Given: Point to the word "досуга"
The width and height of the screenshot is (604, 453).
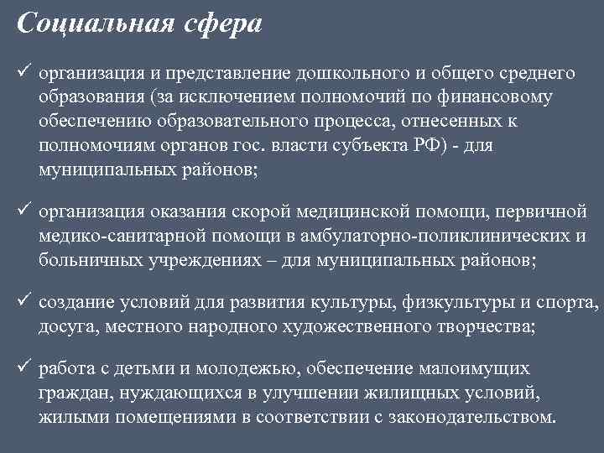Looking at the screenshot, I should (x=64, y=327).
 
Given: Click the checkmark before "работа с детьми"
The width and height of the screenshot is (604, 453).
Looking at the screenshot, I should (x=23, y=367).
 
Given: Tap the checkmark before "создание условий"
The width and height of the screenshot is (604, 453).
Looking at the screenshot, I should (x=23, y=302).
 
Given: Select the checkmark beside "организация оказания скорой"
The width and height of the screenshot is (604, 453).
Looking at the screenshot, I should (x=23, y=211).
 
